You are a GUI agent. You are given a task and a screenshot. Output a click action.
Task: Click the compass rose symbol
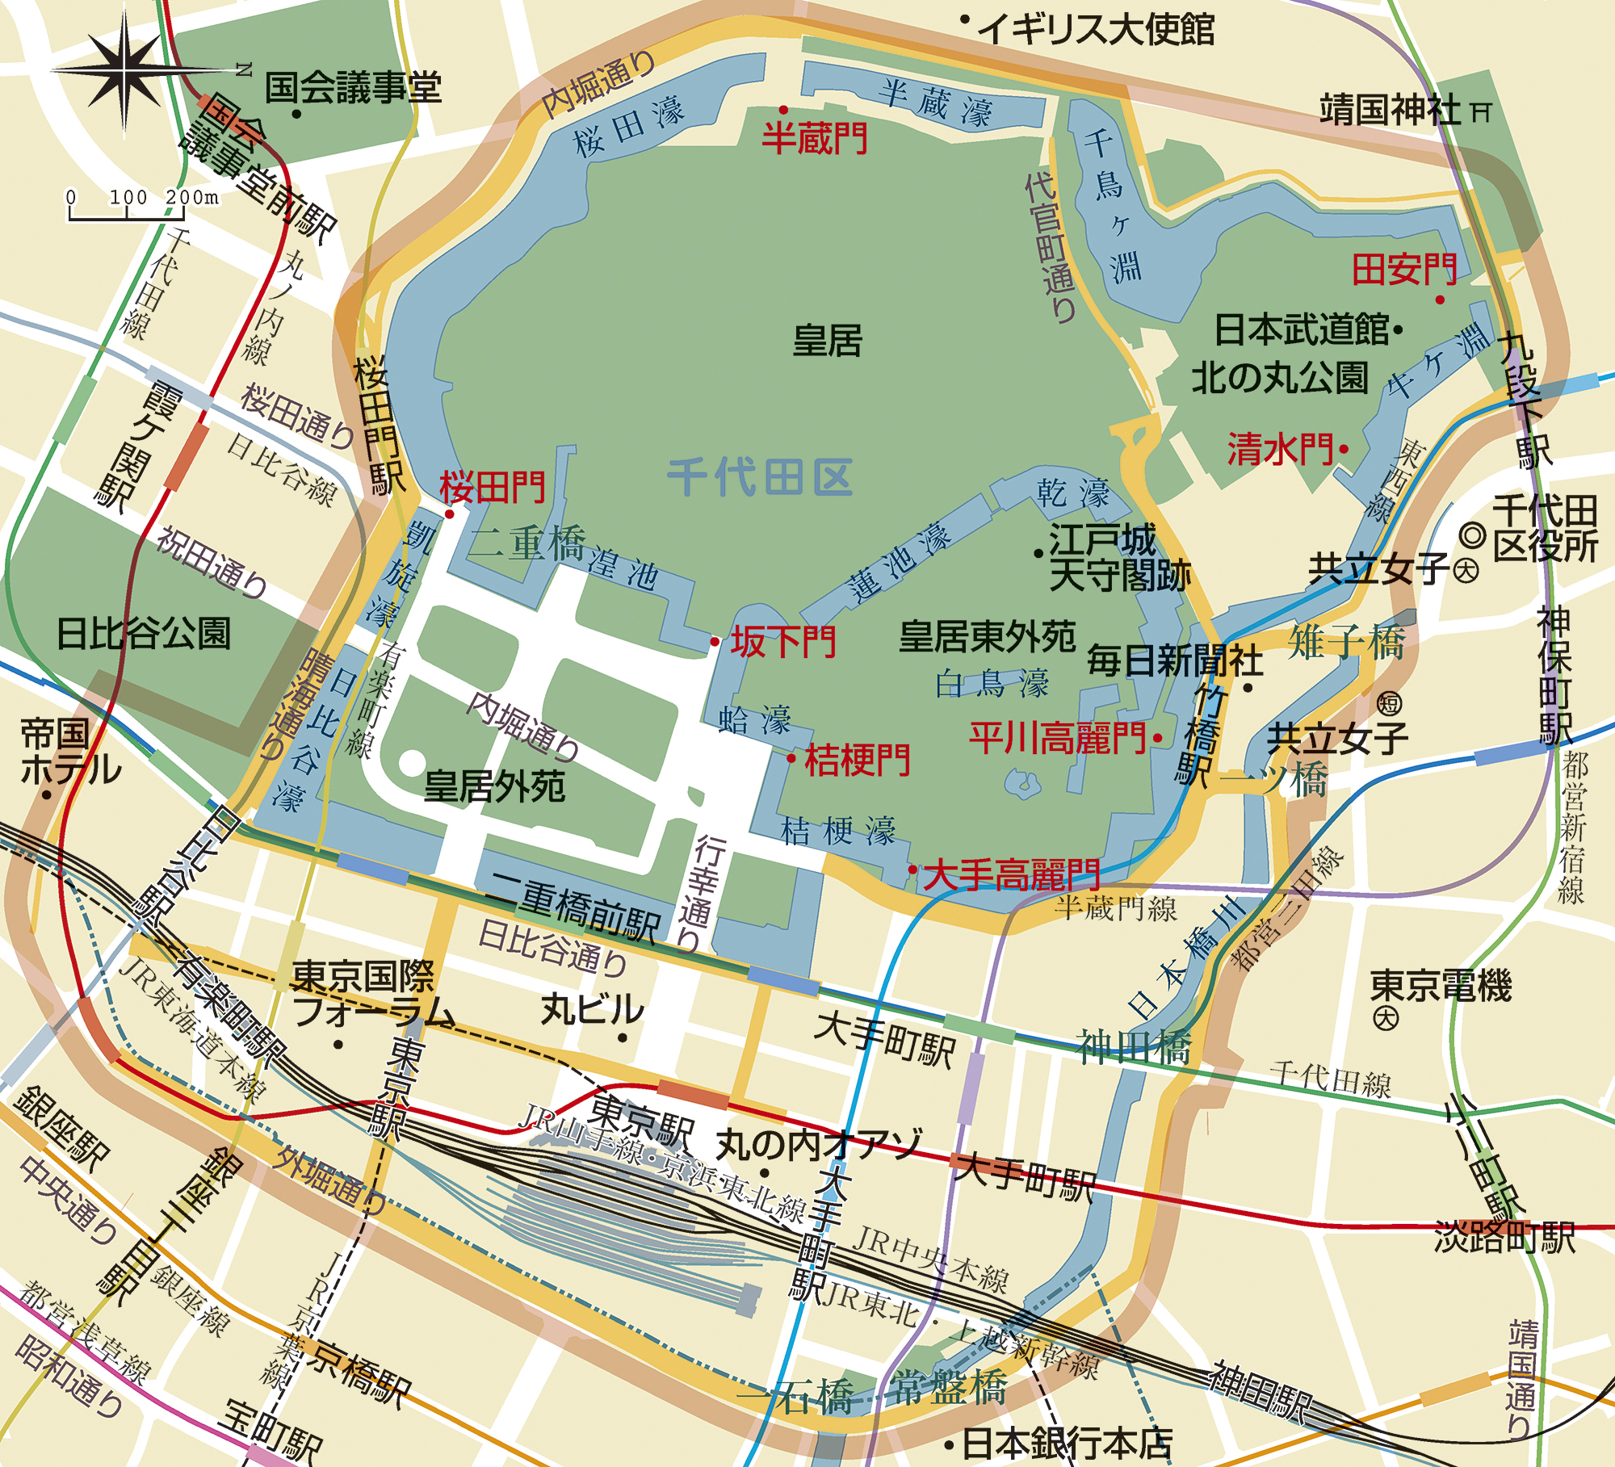125,72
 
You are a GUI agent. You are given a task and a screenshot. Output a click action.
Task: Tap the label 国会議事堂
354,87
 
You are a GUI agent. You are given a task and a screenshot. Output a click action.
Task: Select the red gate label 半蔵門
815,138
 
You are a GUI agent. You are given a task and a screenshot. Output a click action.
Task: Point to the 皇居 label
828,340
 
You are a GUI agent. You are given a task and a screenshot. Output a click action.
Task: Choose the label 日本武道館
1301,329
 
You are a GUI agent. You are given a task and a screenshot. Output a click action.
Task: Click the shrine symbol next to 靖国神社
1481,112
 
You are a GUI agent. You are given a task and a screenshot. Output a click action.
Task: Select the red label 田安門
1404,269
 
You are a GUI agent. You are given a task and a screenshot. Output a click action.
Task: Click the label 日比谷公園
144,634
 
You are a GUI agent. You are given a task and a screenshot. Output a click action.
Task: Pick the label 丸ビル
592,1009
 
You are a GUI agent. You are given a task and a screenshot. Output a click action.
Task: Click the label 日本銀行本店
1067,1442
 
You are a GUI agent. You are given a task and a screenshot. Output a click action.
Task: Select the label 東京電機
1441,986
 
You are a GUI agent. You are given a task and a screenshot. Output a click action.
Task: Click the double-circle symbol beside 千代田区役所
1474,535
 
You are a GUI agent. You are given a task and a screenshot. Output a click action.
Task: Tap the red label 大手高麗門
1012,874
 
